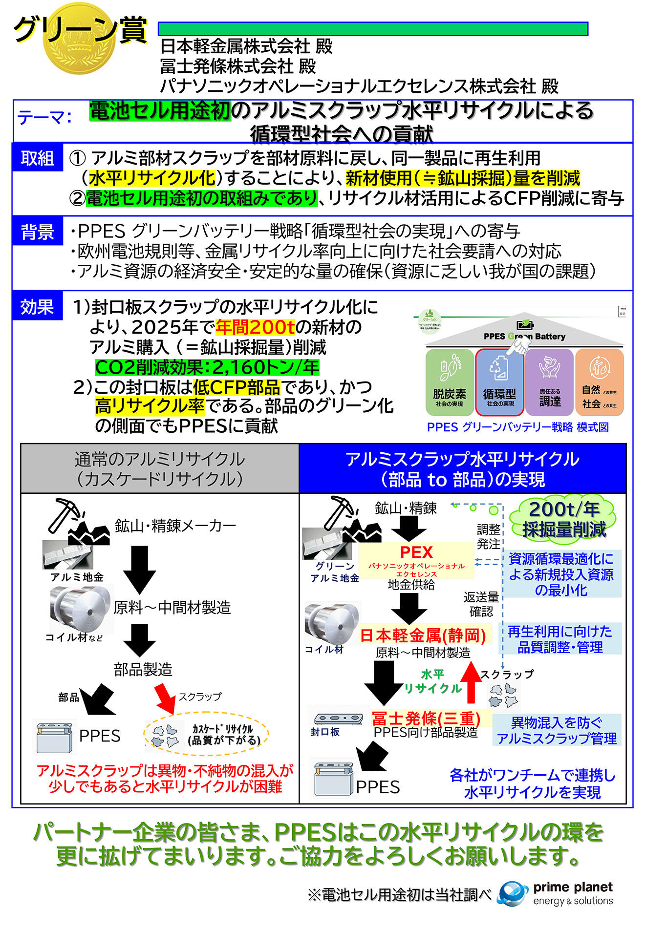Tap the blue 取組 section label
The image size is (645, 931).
(38, 158)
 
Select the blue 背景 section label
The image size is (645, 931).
(38, 231)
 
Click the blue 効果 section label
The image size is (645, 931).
(38, 307)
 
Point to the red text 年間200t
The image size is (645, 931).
(255, 327)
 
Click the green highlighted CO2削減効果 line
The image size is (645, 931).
(207, 367)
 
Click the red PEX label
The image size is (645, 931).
(416, 552)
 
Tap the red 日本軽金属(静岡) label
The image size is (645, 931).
(423, 635)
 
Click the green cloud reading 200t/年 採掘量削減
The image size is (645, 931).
(563, 519)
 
